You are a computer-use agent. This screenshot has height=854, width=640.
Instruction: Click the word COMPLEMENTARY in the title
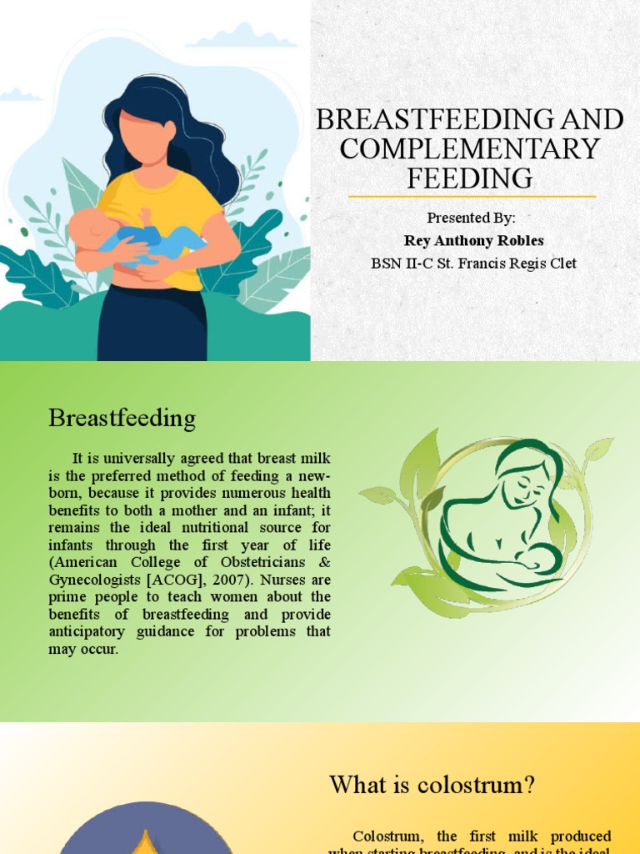(470, 148)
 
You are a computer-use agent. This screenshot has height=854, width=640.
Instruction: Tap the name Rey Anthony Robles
(473, 241)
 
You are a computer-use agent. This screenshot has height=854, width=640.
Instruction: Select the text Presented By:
(471, 219)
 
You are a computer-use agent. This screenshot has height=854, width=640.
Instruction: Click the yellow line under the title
(472, 197)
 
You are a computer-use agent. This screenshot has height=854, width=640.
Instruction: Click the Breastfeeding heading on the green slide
(122, 418)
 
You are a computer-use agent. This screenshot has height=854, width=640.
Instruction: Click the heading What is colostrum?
(432, 785)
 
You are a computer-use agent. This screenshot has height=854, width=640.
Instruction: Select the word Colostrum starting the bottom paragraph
(390, 836)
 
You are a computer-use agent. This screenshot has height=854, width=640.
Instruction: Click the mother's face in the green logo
(527, 484)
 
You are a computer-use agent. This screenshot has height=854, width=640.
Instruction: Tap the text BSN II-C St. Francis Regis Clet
(473, 264)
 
